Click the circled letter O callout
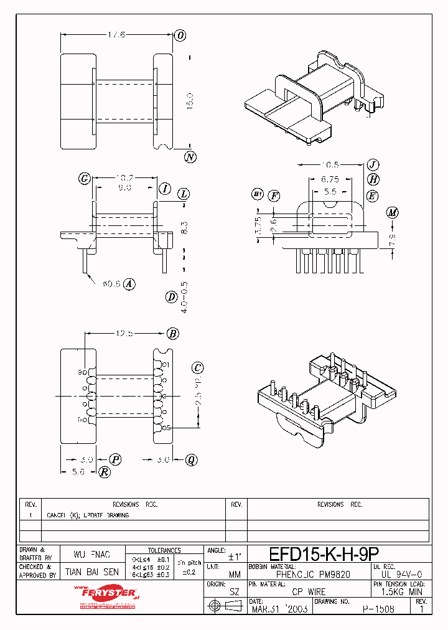pyautogui.click(x=180, y=35)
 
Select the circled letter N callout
pyautogui.click(x=190, y=157)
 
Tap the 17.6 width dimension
pyautogui.click(x=116, y=35)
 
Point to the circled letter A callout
pyautogui.click(x=129, y=284)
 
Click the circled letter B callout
pyautogui.click(x=173, y=334)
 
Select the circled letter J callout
pyautogui.click(x=373, y=165)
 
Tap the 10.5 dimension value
pyautogui.click(x=330, y=165)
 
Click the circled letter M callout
pyautogui.click(x=392, y=213)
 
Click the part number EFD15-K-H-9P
pyautogui.click(x=324, y=554)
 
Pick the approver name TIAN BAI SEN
pyautogui.click(x=92, y=571)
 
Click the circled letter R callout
pyautogui.click(x=105, y=472)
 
